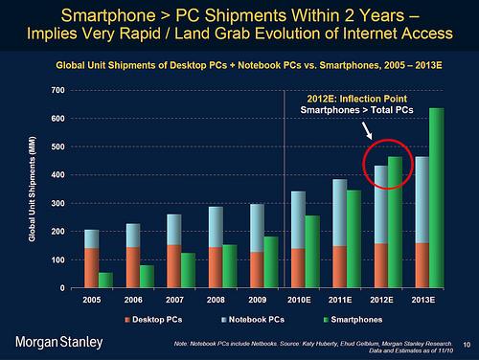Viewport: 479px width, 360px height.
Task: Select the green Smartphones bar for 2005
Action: click(105, 280)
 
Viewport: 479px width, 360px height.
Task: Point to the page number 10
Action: click(466, 345)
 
